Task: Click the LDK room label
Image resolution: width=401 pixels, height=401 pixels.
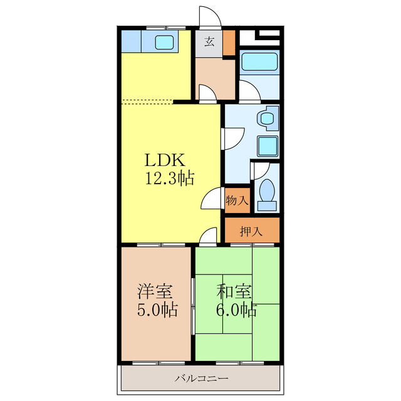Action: [x=164, y=160]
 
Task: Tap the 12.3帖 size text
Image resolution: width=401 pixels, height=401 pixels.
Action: [x=170, y=178]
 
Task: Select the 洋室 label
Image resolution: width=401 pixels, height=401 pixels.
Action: [x=155, y=291]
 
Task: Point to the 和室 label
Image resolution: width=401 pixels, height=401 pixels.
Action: [x=234, y=291]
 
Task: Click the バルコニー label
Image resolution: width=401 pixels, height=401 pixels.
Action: [x=201, y=378]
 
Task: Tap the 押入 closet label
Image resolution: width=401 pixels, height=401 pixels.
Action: [x=251, y=231]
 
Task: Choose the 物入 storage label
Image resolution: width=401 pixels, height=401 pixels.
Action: [x=237, y=200]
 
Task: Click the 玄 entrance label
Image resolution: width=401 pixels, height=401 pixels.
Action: [x=209, y=42]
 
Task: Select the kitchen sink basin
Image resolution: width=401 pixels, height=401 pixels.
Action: [x=164, y=42]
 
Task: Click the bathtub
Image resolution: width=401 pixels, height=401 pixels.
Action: [x=259, y=61]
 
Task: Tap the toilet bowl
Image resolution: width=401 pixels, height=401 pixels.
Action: [x=267, y=189]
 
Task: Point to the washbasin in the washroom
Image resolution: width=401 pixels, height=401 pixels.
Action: [x=268, y=118]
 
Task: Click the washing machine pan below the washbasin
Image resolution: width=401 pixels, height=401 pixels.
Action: [x=268, y=146]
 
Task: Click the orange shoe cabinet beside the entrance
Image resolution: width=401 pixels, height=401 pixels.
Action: [x=229, y=43]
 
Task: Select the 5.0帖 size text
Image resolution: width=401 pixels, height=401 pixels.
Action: [x=157, y=310]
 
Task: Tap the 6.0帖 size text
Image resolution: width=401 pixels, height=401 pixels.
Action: [x=236, y=310]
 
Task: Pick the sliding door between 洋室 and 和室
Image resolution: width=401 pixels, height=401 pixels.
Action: [x=193, y=306]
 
